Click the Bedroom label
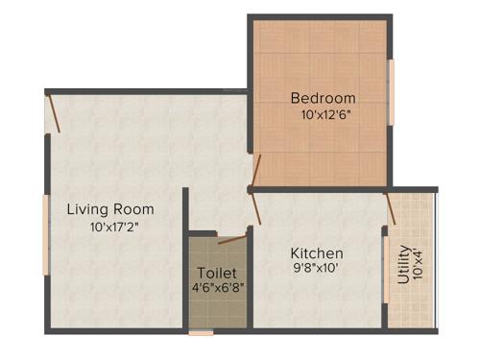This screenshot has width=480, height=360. click(x=323, y=98)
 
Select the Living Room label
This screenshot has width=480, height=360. click(x=109, y=208)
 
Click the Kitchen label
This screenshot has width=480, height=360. click(x=317, y=253)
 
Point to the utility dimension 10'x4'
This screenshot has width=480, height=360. click(x=419, y=262)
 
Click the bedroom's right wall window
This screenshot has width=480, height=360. click(x=392, y=93)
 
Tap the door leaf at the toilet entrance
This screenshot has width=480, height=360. click(x=231, y=238)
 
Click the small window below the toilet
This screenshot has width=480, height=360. click(x=202, y=332)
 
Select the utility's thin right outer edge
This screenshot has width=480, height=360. click(x=436, y=259)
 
